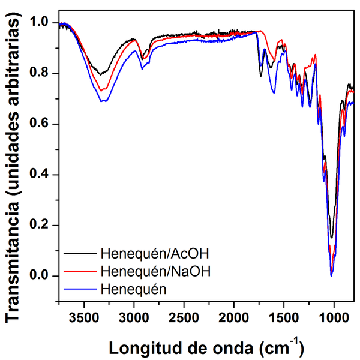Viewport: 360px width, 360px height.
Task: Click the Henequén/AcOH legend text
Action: pyautogui.click(x=155, y=250)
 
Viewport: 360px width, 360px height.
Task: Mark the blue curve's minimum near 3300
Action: pyautogui.click(x=103, y=101)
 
